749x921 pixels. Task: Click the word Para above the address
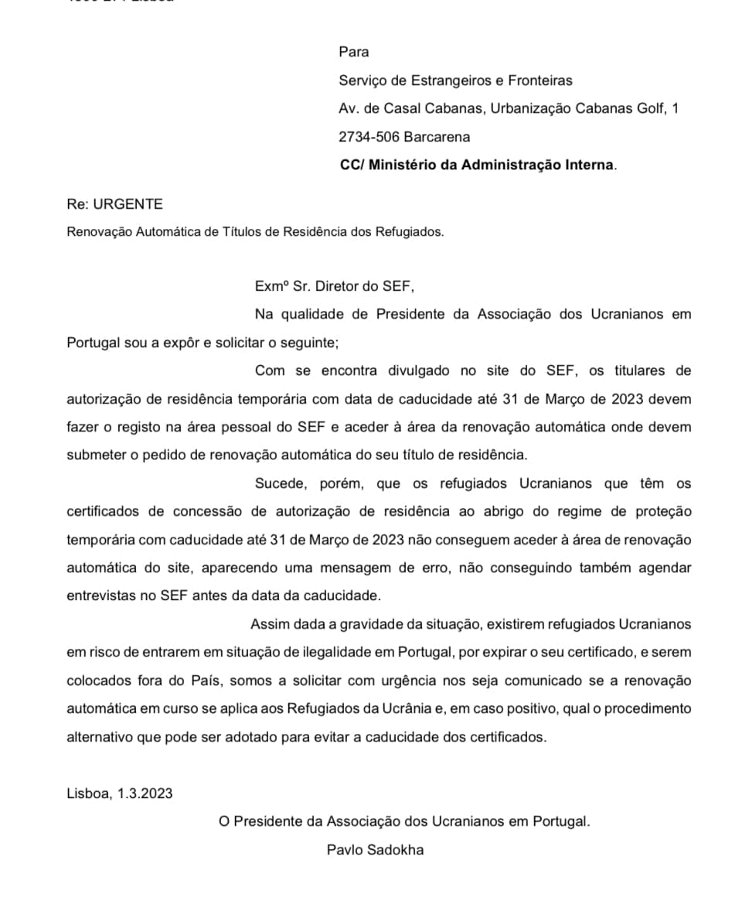(x=353, y=52)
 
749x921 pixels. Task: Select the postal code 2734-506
(x=368, y=137)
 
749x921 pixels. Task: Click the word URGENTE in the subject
(x=128, y=204)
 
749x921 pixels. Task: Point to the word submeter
(x=95, y=455)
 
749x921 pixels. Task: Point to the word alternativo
(x=99, y=737)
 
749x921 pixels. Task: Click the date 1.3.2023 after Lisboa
(x=145, y=793)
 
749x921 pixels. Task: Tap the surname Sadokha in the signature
(x=396, y=850)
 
